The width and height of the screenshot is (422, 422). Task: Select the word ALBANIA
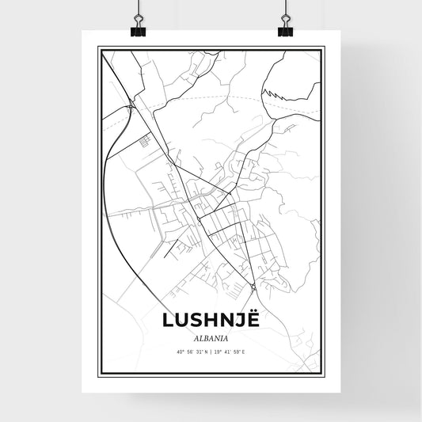coord(211,336)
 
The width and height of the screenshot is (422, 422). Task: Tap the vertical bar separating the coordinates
coord(211,351)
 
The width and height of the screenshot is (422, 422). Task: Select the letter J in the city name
coord(241,320)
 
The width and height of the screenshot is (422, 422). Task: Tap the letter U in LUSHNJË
coord(181,320)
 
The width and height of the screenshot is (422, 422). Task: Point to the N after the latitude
coord(207,351)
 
